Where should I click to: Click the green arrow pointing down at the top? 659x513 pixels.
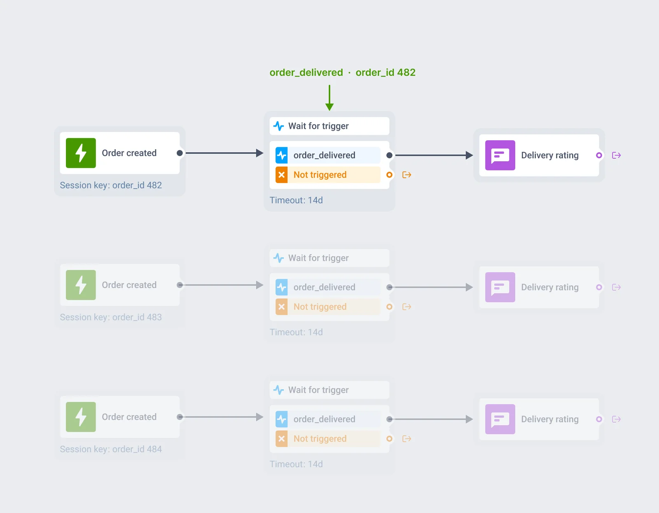point(329,98)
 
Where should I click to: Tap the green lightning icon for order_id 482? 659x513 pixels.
point(81,153)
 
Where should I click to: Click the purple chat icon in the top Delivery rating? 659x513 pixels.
point(500,155)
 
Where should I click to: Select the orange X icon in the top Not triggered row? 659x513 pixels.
point(281,175)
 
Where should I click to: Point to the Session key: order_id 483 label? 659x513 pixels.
point(111,317)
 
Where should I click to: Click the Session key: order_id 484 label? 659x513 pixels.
point(111,449)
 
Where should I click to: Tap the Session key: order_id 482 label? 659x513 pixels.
point(111,185)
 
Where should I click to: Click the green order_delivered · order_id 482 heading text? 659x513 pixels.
point(342,73)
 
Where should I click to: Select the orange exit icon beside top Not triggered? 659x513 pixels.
point(407,175)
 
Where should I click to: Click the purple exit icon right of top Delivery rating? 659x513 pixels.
point(616,155)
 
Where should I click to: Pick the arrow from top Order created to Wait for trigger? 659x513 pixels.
point(224,153)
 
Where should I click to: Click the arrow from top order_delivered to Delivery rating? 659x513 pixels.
point(434,155)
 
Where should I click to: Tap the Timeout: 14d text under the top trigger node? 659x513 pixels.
point(296,200)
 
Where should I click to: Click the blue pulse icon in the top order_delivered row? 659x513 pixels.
point(281,155)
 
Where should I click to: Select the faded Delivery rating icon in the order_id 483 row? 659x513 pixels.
point(500,287)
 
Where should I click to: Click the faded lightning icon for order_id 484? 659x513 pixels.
point(81,417)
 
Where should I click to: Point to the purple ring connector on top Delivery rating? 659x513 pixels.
point(599,155)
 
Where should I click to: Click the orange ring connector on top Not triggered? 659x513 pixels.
point(389,175)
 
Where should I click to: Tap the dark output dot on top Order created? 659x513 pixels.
point(180,153)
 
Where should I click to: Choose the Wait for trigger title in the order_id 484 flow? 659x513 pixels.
point(318,390)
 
